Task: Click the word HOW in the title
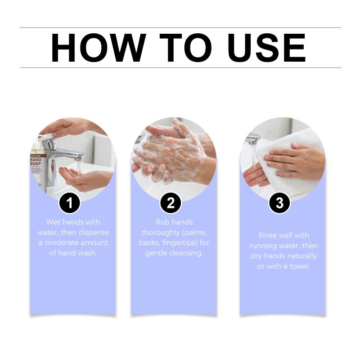click(98, 48)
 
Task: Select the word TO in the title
click(185, 48)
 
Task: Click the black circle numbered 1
click(69, 203)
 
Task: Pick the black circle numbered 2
click(171, 203)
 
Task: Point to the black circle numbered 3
click(279, 203)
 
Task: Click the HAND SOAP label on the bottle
click(36, 162)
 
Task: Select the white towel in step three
click(292, 161)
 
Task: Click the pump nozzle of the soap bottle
click(44, 137)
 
